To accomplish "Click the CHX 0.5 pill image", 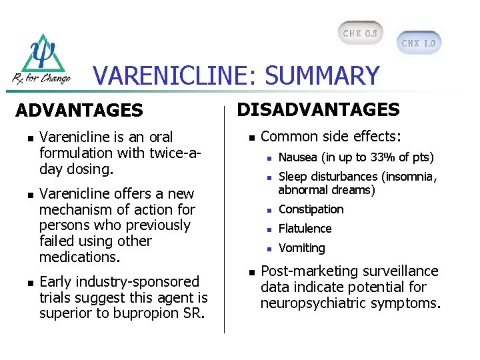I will (361, 33).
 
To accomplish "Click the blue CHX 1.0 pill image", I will (419, 43).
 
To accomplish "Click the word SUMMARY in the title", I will (322, 76).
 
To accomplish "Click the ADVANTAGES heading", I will (79, 110).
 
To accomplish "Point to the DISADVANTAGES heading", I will (319, 109).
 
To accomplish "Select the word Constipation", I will (311, 209).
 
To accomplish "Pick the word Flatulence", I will (305, 229).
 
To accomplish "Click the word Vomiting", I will (301, 248).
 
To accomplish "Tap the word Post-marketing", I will (303, 271).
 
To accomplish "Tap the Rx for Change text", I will (41, 79).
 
